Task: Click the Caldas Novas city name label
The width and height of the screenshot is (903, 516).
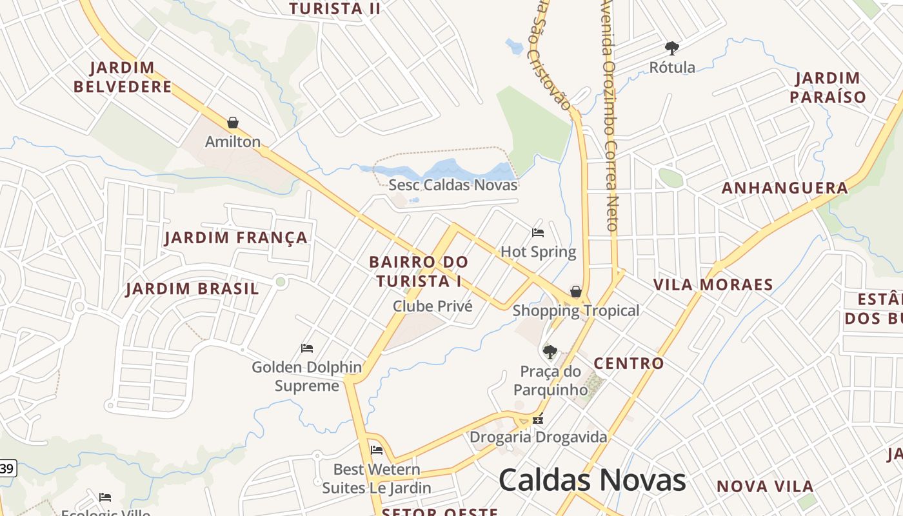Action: coord(592,481)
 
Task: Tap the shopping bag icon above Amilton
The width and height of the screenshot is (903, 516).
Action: coord(233,123)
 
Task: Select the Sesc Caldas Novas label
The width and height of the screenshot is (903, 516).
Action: coord(453,185)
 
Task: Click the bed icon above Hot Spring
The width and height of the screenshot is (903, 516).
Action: coord(538,233)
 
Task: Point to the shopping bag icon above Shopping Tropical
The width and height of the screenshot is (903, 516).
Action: coord(575,292)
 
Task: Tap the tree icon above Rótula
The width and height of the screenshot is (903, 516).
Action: coord(672,48)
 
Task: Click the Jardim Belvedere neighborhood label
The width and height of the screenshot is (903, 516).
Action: coord(123,77)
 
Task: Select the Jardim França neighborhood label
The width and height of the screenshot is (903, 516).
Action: coord(236,237)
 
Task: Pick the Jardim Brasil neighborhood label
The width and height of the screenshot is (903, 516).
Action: coord(192,288)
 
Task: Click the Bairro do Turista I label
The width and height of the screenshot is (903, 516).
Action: coord(419,272)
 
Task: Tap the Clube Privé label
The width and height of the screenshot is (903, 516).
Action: coord(433,306)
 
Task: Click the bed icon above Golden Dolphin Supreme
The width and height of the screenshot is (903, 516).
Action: coord(307,348)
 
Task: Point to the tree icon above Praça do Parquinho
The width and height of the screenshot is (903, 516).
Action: coord(550,352)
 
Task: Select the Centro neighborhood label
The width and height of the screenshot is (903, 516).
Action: coord(629,363)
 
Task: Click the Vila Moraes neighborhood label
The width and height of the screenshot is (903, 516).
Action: coord(713,284)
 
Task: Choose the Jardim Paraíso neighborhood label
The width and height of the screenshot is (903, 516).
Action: coord(828,88)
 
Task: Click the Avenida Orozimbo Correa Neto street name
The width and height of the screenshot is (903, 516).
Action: coord(610,116)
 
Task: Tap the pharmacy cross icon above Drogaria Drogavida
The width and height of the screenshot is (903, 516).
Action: coord(538,419)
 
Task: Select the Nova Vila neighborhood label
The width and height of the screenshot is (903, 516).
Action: coord(765,486)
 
